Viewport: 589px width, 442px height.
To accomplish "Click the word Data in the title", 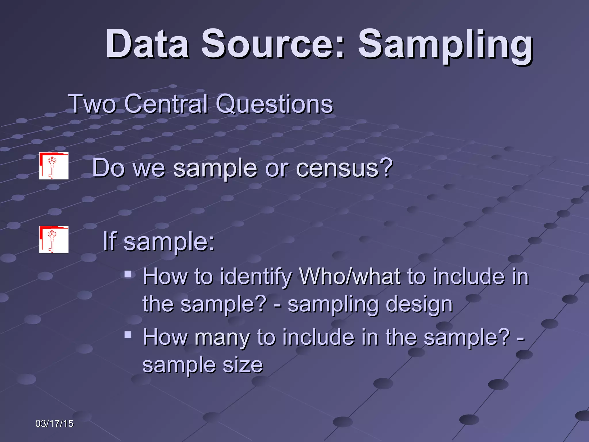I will [147, 44].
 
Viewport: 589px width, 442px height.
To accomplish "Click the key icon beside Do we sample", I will [54, 166].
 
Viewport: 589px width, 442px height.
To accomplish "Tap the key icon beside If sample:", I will [54, 239].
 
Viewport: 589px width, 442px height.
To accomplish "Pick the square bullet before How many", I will [128, 335].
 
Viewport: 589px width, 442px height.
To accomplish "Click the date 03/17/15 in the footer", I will [54, 424].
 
